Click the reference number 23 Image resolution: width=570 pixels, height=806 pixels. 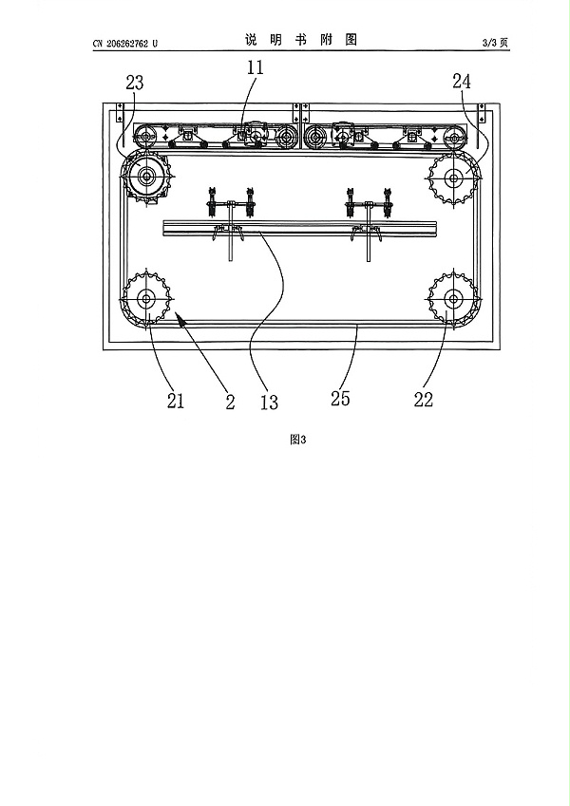(134, 83)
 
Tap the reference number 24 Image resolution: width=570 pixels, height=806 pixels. (462, 82)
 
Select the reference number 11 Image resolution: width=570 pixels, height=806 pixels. (256, 67)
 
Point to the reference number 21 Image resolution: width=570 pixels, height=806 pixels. (176, 401)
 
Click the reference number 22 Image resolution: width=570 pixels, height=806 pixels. (424, 400)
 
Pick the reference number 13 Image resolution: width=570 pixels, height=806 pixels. (269, 402)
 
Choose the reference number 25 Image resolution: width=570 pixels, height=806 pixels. (340, 399)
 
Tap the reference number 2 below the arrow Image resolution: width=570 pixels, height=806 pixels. (230, 402)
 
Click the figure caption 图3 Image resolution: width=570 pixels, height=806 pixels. (298, 440)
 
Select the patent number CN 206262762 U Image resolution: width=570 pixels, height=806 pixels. (125, 44)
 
